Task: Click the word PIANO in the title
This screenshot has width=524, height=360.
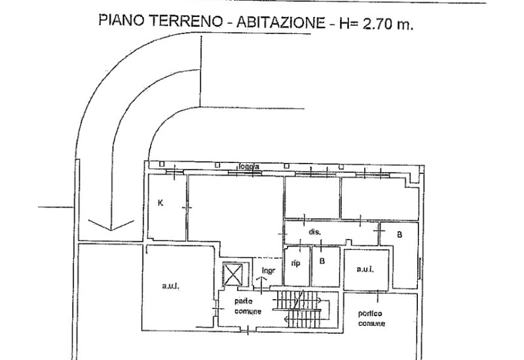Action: click(121, 19)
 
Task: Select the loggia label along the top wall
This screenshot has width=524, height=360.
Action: click(249, 167)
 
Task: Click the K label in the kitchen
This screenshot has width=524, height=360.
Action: click(160, 203)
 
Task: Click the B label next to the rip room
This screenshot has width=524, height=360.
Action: click(322, 261)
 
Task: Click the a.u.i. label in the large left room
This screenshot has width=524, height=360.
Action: click(171, 287)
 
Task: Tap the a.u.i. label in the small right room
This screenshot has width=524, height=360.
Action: click(365, 268)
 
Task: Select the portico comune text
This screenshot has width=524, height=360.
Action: click(371, 319)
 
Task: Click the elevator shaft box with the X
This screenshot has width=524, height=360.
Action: click(232, 274)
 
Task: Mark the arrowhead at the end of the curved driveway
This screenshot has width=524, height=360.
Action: click(110, 226)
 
